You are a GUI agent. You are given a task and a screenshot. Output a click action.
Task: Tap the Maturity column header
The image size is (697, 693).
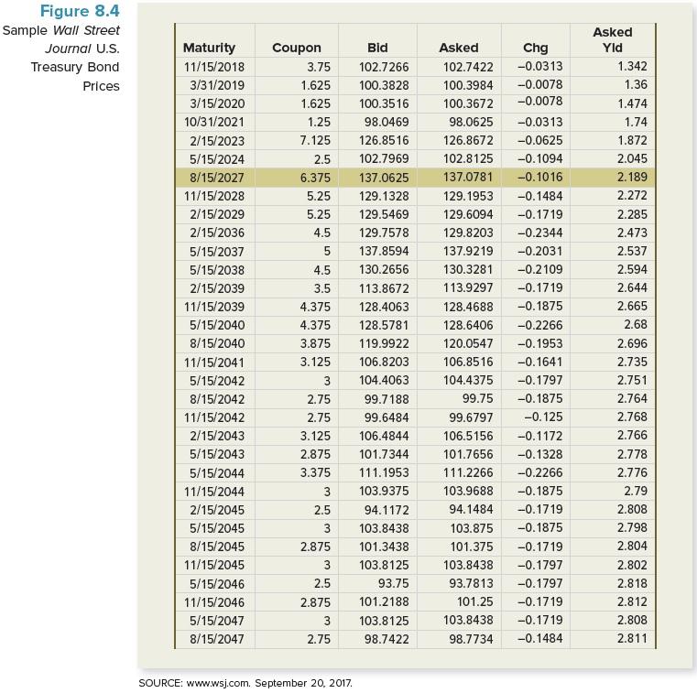(209, 48)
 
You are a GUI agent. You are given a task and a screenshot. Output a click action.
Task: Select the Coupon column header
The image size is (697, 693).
(297, 48)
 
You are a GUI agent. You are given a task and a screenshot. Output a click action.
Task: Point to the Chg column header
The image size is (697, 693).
(535, 48)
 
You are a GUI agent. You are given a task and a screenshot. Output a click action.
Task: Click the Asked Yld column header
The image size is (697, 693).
(612, 39)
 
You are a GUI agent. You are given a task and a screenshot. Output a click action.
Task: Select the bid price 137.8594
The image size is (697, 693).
(385, 251)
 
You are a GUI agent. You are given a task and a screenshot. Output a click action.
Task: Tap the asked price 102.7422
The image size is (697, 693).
(468, 67)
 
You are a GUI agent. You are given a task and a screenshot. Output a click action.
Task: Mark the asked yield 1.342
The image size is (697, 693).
(632, 67)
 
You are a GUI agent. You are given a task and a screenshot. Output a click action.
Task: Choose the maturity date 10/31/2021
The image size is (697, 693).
(212, 122)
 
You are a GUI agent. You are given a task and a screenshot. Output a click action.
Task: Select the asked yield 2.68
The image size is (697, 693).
(635, 325)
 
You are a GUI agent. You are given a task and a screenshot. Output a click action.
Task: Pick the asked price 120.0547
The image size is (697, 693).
(468, 343)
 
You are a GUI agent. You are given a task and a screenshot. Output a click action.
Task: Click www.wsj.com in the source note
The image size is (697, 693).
(215, 683)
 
